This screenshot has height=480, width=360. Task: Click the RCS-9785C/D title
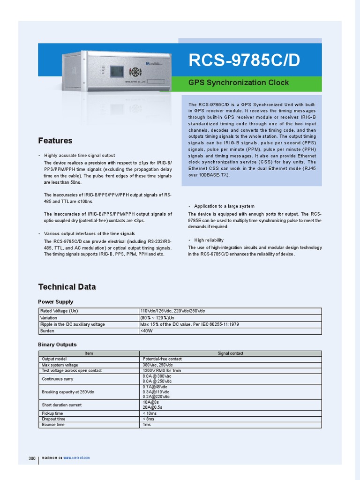point(244,60)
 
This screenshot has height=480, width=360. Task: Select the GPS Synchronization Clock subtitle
point(238,83)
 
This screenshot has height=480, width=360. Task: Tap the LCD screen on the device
point(117,71)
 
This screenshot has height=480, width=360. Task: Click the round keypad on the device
point(135,72)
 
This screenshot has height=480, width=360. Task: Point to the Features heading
point(55,141)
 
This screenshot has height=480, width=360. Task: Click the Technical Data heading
point(67,287)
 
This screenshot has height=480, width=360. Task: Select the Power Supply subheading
point(55,302)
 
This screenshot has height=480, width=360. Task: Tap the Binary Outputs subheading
point(57,345)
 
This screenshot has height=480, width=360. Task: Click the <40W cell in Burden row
point(147,331)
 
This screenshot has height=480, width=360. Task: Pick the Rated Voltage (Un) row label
point(59,311)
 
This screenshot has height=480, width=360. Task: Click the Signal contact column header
point(230,353)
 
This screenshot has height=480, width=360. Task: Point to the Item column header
point(89,353)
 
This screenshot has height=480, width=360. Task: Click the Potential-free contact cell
point(162,359)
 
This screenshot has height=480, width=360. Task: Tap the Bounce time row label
point(53,425)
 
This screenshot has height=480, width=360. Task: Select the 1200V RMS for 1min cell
point(162,370)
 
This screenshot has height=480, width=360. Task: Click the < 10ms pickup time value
point(150,413)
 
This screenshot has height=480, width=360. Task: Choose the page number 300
point(32,458)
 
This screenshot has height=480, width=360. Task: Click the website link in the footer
point(76,457)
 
